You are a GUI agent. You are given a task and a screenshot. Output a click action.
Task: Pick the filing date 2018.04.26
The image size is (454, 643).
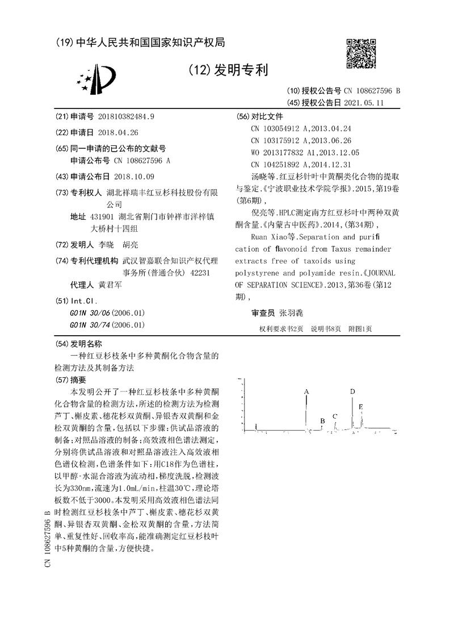(x=118, y=132)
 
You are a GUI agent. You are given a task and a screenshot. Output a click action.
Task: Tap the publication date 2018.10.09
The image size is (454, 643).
(x=134, y=176)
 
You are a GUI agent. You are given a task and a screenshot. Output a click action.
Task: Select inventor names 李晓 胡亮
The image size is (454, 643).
(x=119, y=245)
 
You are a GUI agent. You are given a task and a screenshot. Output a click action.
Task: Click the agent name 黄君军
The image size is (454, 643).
(x=110, y=285)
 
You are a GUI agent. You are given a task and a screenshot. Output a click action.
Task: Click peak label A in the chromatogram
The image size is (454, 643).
(x=306, y=392)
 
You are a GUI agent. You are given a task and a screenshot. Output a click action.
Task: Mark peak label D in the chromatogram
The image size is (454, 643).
(x=352, y=391)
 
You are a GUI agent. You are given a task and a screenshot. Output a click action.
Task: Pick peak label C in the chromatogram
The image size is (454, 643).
(x=335, y=416)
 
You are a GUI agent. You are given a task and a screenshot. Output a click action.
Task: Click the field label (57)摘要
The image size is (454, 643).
(x=72, y=379)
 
